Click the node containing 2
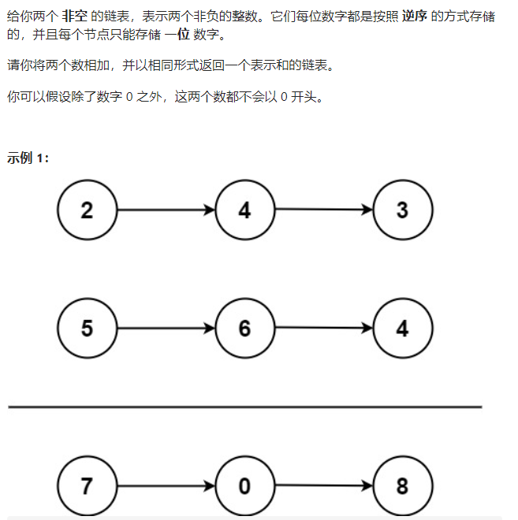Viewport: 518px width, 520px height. tap(87, 210)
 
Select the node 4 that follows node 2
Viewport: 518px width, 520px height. tap(244, 210)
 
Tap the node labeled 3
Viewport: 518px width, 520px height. tap(402, 210)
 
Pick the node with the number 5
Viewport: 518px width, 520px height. tap(87, 328)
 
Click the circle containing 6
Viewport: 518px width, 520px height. tap(244, 328)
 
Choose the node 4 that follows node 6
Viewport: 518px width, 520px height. tap(402, 328)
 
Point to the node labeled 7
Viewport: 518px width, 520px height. tap(87, 485)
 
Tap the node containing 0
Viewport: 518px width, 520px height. tap(244, 485)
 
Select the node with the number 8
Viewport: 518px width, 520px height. tap(402, 485)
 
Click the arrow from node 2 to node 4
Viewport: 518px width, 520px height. tap(166, 210)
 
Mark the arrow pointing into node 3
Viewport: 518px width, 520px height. tap(323, 210)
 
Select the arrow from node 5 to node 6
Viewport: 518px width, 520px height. tap(166, 328)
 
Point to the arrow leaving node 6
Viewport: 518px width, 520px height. tap(323, 328)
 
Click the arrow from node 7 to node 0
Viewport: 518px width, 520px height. tap(166, 485)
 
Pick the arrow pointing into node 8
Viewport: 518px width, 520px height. tap(323, 485)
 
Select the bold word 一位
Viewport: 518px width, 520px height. tap(177, 34)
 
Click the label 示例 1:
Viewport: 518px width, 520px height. tap(28, 158)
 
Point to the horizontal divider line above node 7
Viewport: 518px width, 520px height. tap(244, 407)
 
